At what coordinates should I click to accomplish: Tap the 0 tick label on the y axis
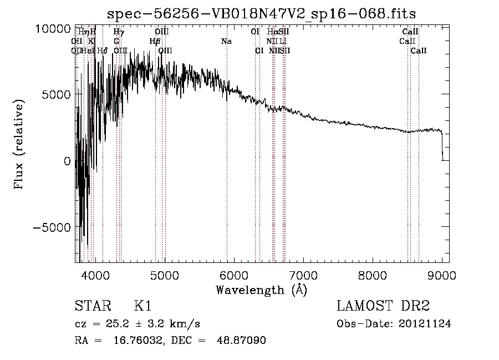click(x=67, y=161)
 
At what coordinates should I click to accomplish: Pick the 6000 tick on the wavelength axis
click(x=234, y=275)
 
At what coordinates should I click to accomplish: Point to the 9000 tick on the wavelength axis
click(x=442, y=275)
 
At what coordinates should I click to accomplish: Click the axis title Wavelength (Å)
click(x=261, y=290)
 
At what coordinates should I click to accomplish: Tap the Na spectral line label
click(x=226, y=41)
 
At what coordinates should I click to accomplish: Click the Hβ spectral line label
click(x=155, y=41)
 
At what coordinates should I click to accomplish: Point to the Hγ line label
click(x=119, y=32)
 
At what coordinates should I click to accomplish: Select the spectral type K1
click(x=142, y=307)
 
